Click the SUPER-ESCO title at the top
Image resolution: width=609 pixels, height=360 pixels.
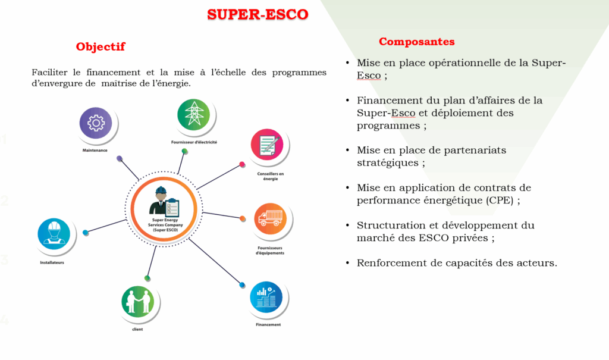[x=258, y=14]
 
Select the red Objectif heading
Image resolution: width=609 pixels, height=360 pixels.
[x=101, y=46]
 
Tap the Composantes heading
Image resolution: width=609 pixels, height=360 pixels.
[x=417, y=42]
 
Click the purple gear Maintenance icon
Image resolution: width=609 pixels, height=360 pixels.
[x=96, y=123]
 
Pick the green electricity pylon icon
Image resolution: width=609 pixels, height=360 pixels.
[x=193, y=115]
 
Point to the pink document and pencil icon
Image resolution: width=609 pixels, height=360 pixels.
[x=267, y=145]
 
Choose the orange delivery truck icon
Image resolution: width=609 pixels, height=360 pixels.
[x=271, y=218]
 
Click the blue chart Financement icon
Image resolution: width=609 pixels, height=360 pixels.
[x=266, y=297]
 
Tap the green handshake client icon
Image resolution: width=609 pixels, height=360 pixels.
[x=137, y=302]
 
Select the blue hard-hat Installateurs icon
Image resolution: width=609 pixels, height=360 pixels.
[x=54, y=234]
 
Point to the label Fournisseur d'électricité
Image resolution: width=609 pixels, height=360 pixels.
[x=194, y=142]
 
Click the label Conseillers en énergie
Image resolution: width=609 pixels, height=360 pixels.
[x=271, y=176]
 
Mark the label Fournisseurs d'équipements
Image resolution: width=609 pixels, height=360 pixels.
[x=270, y=251]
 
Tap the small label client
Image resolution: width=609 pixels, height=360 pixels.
[x=137, y=329]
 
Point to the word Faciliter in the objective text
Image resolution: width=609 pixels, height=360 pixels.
[x=49, y=73]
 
